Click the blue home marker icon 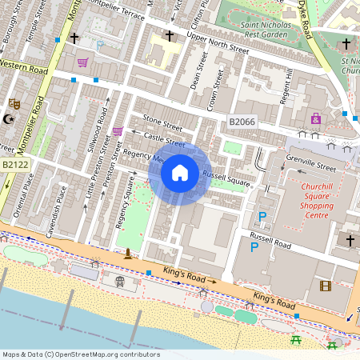[180, 173]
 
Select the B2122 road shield [16, 165]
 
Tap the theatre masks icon [14, 104]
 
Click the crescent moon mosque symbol [10, 119]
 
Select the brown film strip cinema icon [325, 286]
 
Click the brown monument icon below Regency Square [127, 254]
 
